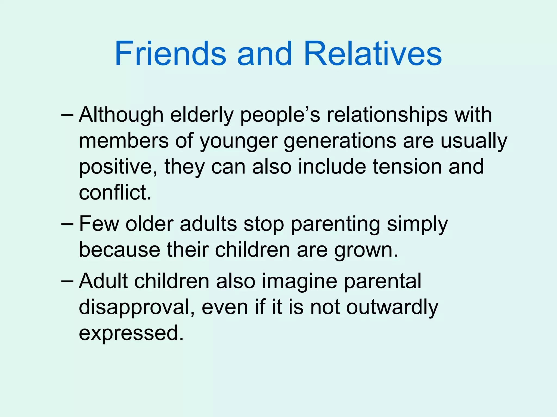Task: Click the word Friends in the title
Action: click(170, 53)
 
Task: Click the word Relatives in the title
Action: click(373, 53)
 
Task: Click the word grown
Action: click(366, 250)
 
